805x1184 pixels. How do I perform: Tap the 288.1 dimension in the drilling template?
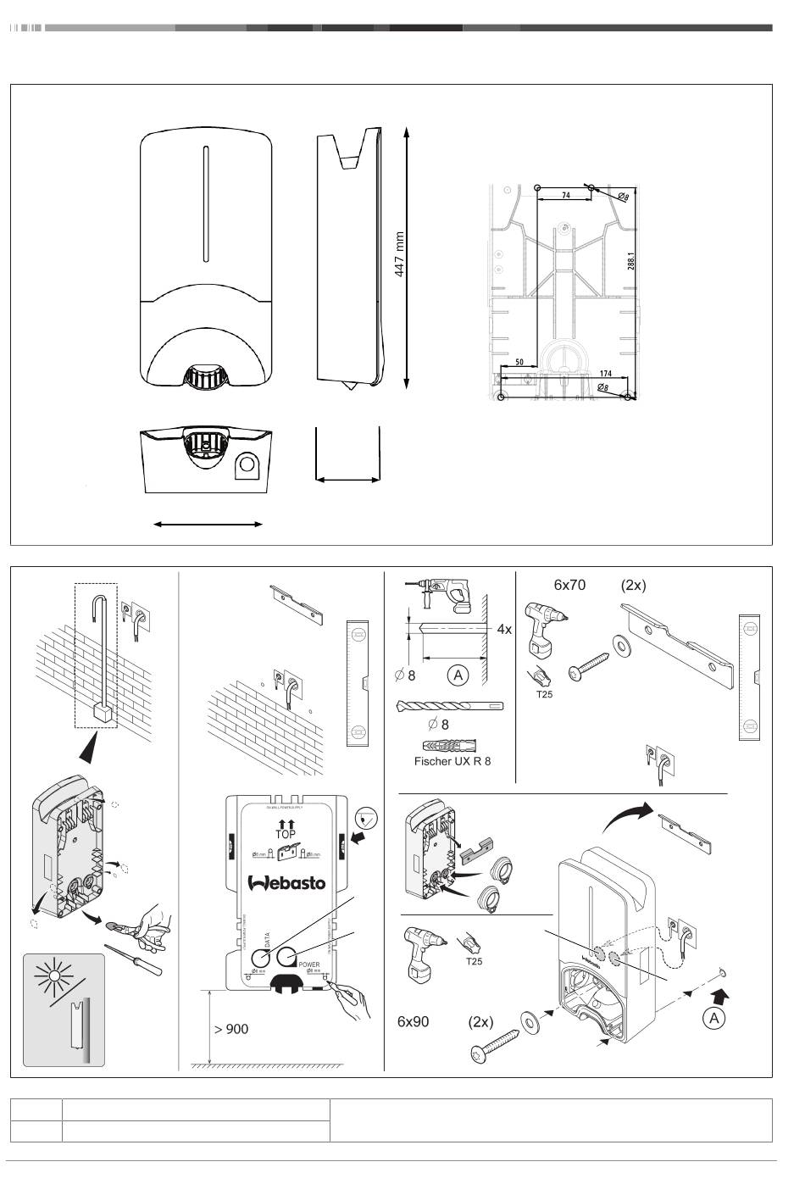click(x=631, y=258)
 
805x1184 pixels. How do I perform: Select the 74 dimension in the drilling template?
click(x=565, y=195)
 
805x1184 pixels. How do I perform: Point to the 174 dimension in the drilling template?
click(x=605, y=373)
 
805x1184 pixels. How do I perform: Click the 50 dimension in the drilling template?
click(x=519, y=362)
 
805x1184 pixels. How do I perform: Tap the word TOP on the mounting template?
click(x=286, y=835)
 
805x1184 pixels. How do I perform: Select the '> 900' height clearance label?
click(x=230, y=1029)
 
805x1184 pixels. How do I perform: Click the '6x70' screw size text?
click(x=571, y=585)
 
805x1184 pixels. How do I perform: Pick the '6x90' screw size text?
click(x=414, y=1021)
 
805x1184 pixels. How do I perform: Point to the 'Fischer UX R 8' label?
click(x=452, y=761)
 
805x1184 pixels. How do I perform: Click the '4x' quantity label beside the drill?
click(x=504, y=630)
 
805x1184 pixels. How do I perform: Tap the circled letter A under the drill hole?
click(x=458, y=675)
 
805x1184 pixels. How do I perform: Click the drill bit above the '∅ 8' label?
click(x=449, y=705)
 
